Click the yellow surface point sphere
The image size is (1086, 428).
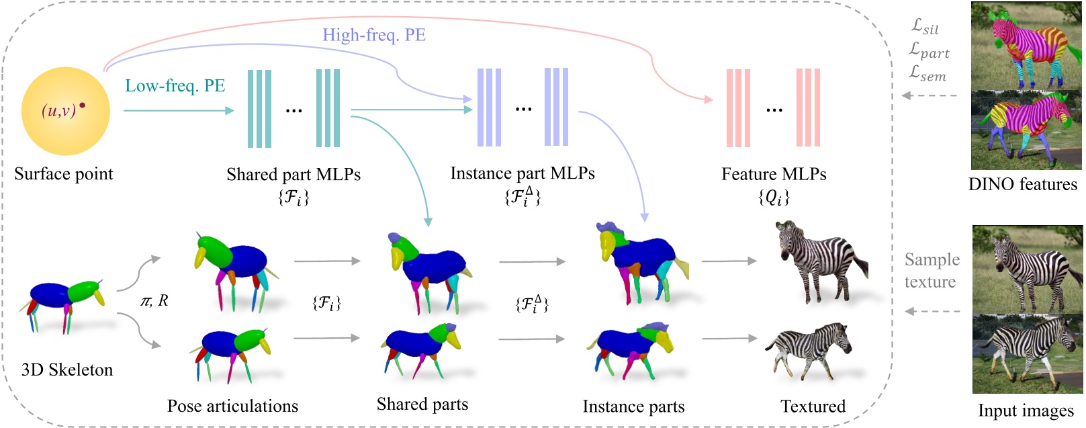tap(65, 112)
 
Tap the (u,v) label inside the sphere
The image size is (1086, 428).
tap(59, 110)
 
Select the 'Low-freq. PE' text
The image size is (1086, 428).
tap(175, 86)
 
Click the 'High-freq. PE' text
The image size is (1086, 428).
tap(373, 35)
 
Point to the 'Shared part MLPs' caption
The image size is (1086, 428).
tap(293, 175)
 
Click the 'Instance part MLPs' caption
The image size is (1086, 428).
tap(522, 173)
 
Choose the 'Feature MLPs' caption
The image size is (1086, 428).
tap(773, 174)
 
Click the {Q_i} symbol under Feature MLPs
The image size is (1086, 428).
tap(774, 197)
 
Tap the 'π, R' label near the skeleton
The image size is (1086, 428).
tap(154, 301)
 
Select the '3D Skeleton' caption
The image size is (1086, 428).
tap(67, 370)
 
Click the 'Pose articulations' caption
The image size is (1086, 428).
tap(232, 406)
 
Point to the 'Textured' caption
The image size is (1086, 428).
tap(813, 406)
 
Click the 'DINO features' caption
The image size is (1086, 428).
tap(1022, 184)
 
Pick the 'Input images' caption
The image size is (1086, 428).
tap(1025, 411)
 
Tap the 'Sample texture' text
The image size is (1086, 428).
tap(931, 270)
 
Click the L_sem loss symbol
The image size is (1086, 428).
tap(927, 74)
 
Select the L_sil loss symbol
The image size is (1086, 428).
tap(925, 26)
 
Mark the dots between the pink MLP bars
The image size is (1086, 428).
tap(774, 110)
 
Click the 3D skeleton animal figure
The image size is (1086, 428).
tap(66, 303)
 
